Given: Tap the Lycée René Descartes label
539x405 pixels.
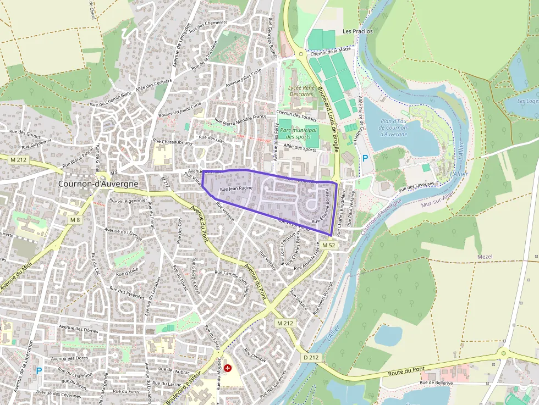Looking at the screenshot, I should click(x=300, y=91).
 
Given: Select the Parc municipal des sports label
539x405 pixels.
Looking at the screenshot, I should click(x=299, y=133).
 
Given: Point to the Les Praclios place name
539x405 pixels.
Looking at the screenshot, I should click(x=358, y=31).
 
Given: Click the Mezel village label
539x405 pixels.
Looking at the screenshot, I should click(x=485, y=257).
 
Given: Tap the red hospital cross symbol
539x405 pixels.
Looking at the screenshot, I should click(x=228, y=368).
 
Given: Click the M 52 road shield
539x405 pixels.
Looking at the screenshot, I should click(x=329, y=245).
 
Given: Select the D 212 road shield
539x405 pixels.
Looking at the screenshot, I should click(x=311, y=357).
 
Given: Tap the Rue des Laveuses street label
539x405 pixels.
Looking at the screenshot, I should click(x=417, y=185).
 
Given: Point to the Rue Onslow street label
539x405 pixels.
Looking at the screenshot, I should click(x=255, y=356).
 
